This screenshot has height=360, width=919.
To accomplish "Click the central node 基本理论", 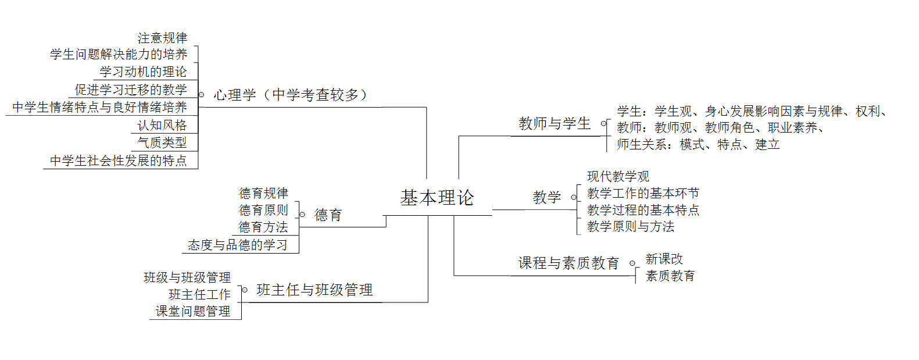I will tap(437, 198).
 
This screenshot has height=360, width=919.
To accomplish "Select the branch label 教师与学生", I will tap(555, 124).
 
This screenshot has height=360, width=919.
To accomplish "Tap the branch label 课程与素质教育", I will tap(568, 263).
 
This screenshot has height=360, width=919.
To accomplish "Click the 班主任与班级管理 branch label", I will tap(314, 290).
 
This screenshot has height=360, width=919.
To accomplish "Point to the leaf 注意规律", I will tap(162, 38).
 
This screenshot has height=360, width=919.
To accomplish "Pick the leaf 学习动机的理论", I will tap(143, 72).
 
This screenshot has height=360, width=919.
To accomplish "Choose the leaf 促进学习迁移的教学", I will tap(131, 90).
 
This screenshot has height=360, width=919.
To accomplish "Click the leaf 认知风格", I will tap(162, 126).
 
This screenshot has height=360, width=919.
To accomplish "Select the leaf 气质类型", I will tap(162, 142).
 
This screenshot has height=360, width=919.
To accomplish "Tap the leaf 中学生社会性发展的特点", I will tap(119, 161).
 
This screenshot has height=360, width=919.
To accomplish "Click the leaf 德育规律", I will tap(263, 194).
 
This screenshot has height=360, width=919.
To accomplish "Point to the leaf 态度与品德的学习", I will tap(238, 245).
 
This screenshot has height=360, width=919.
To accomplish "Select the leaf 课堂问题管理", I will tap(193, 312).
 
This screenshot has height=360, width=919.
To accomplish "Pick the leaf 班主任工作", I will tap(199, 295).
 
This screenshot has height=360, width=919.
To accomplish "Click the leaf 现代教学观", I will tap(618, 177).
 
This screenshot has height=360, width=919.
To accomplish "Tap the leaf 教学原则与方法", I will tap(631, 227).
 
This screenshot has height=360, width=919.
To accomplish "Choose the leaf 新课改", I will tap(664, 259).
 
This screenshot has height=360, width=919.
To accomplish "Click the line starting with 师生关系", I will tap(698, 145).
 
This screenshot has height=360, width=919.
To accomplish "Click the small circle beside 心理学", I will tap(202, 95).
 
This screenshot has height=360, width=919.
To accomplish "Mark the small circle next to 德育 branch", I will tap(302, 215).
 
